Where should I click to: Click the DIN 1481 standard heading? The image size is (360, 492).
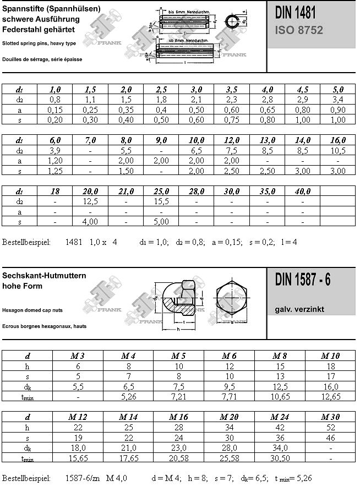pos(295,13)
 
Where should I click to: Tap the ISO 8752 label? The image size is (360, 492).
pos(299,30)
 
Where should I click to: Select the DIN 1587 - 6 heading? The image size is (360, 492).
pos(303,280)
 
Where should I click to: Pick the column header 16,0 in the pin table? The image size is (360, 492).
pos(338,141)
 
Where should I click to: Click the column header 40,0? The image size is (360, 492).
pos(303,191)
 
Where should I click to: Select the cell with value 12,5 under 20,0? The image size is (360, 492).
pos(91,201)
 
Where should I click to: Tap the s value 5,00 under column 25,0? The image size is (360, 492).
pos(161,221)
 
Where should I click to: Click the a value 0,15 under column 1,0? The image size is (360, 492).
pos(55,110)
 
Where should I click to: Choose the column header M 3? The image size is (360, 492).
pos(78,356)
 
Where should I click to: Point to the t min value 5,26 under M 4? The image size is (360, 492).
pos(129,396)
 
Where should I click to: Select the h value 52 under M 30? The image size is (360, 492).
pos(330,427)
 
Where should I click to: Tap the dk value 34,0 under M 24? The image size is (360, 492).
pos(280,447)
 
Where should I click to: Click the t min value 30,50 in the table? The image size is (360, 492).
pos(280,458)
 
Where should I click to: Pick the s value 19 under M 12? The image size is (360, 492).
pos(78,438)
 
